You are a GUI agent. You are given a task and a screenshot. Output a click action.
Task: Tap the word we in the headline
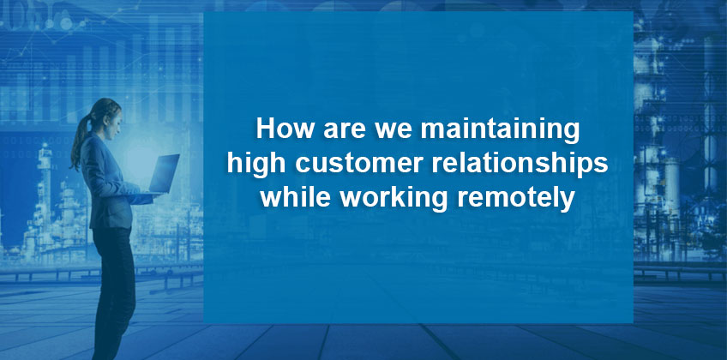(x=394, y=131)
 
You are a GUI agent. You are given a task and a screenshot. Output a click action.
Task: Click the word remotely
(x=516, y=199)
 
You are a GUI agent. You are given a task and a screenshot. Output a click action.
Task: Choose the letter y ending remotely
(x=569, y=202)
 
